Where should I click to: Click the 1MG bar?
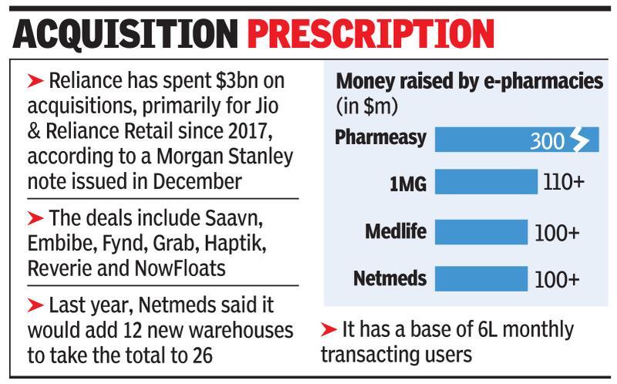pyautogui.click(x=486, y=183)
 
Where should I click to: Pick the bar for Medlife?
pyautogui.click(x=481, y=231)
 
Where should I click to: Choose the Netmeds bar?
pyautogui.click(x=481, y=278)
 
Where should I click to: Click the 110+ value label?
pyautogui.click(x=567, y=184)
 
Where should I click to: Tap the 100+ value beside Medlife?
pyautogui.click(x=557, y=232)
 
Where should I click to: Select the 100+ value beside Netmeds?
pyautogui.click(x=557, y=279)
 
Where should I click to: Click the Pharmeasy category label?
pyautogui.click(x=381, y=138)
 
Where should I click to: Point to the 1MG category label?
pyautogui.click(x=407, y=183)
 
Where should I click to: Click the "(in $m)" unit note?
pyautogui.click(x=362, y=104)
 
